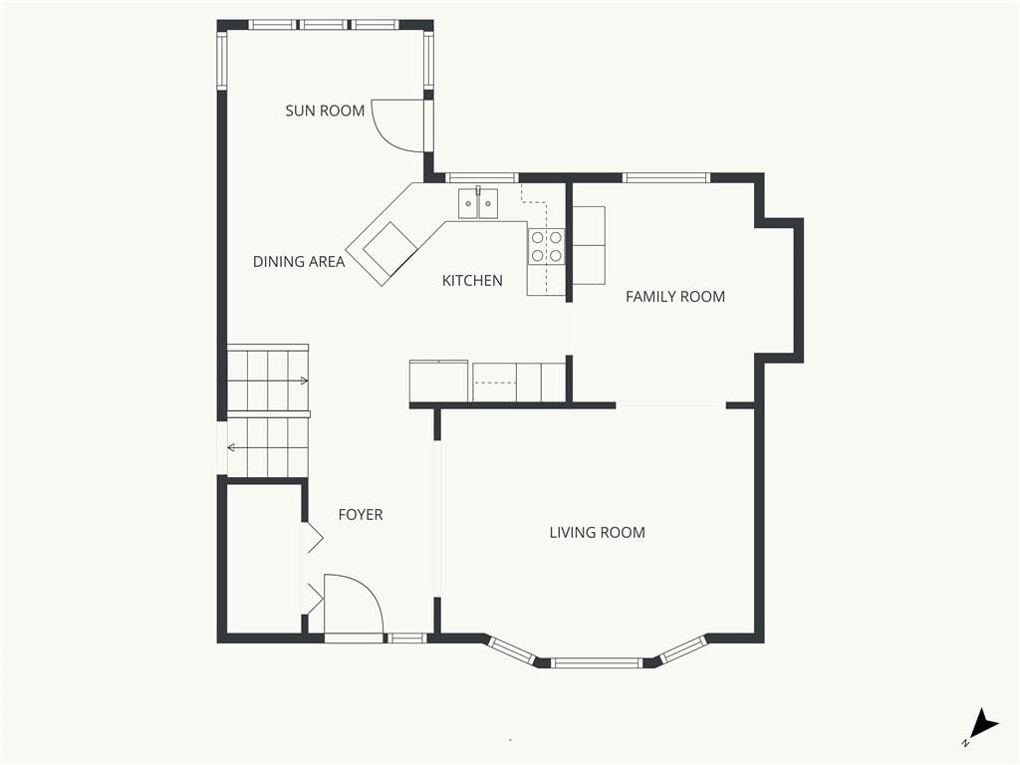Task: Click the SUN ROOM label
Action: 325,111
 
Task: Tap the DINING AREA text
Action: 299,262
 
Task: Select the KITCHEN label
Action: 472,280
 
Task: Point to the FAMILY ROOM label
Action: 675,297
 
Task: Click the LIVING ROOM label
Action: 598,533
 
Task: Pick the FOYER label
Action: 361,515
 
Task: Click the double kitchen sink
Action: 478,203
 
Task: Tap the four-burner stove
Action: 547,247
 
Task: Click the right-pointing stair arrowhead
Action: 304,381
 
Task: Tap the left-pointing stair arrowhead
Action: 231,447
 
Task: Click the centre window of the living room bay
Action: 597,662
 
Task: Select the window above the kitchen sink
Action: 482,177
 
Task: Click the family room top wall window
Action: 666,177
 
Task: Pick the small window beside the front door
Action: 406,638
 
